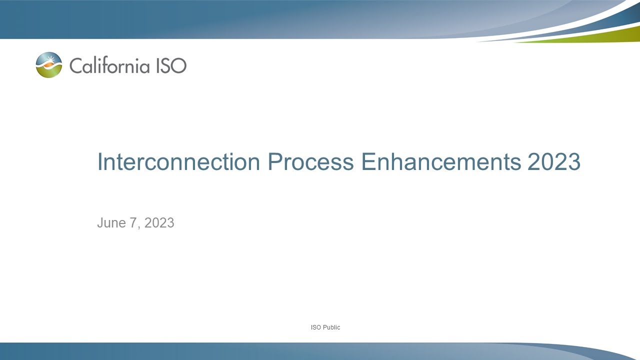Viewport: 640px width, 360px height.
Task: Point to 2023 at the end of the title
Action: pyautogui.click(x=553, y=162)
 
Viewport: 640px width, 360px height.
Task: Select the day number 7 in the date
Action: pyautogui.click(x=133, y=223)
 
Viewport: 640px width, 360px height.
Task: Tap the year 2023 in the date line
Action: pyautogui.click(x=159, y=223)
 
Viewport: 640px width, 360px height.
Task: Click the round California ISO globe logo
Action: pyautogui.click(x=49, y=65)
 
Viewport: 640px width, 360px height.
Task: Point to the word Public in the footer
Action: pyautogui.click(x=331, y=327)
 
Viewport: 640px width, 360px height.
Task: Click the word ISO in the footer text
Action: pyautogui.click(x=315, y=327)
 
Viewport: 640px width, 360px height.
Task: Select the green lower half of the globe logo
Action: pyautogui.click(x=49, y=72)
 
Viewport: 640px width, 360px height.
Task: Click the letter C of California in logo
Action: pyautogui.click(x=75, y=65)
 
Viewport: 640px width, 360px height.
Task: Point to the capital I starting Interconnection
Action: pyautogui.click(x=99, y=162)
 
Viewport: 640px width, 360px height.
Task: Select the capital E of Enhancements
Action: pyautogui.click(x=367, y=162)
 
